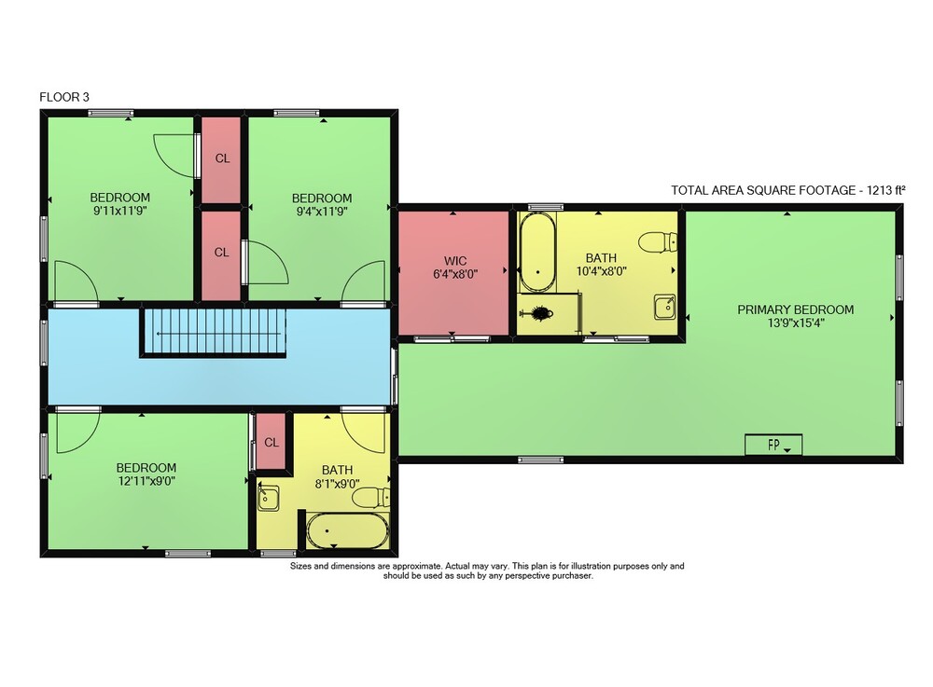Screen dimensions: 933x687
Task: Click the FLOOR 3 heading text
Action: tap(64, 97)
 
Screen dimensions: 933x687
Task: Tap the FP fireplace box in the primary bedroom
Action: tap(773, 445)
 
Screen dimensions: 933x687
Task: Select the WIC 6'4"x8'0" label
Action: tap(455, 268)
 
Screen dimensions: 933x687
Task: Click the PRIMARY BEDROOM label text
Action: tap(796, 309)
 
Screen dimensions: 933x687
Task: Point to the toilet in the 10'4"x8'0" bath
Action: tap(658, 241)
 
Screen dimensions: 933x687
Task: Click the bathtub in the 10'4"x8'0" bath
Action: tap(538, 252)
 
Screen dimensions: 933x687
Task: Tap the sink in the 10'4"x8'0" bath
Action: tap(664, 307)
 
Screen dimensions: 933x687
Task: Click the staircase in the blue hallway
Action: tap(213, 332)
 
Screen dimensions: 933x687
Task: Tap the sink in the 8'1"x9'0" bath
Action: tap(269, 497)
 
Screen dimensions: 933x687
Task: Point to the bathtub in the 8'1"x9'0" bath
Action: tap(347, 530)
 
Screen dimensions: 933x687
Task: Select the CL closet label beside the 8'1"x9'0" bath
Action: tap(272, 443)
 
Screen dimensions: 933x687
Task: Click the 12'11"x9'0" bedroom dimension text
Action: tap(146, 481)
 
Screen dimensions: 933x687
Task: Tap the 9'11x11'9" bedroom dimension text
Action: tap(120, 211)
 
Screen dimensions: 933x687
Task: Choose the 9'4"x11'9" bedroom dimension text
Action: tap(322, 211)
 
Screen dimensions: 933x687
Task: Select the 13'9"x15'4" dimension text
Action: tap(796, 323)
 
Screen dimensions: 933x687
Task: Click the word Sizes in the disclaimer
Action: tap(300, 567)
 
